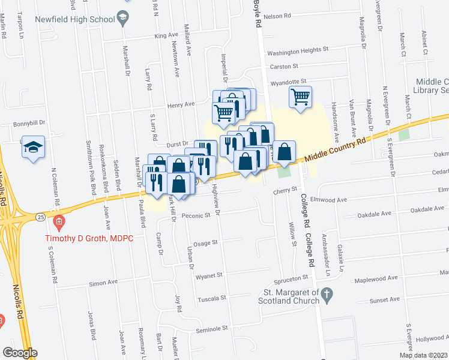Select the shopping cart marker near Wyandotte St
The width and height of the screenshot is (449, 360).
coord(300,96)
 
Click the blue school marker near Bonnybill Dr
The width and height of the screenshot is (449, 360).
coord(33,148)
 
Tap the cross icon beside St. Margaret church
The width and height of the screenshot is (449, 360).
coord(326,294)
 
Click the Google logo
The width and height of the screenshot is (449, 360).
coord(20,353)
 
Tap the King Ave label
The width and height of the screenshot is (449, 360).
coord(167,36)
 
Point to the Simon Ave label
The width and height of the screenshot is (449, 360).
coord(101,283)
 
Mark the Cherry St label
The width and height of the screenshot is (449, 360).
coord(286,190)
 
